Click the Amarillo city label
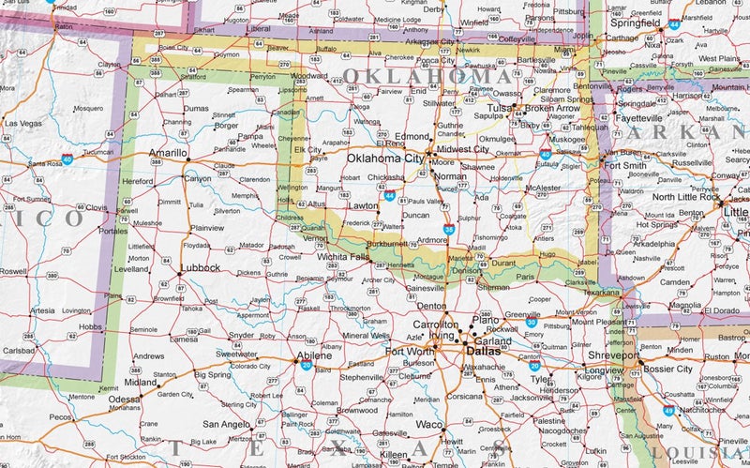tap(169, 152)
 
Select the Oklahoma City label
tap(385, 159)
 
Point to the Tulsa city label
tap(498, 109)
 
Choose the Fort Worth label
tap(410, 352)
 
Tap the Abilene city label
tap(313, 356)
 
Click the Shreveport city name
tap(613, 356)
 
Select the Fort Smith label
tap(624, 166)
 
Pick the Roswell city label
tap(13, 271)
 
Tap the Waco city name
tap(429, 424)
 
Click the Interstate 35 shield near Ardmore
tap(449, 229)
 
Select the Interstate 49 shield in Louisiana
tap(667, 411)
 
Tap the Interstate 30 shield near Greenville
tap(531, 323)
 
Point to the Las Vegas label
tap(22, 123)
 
